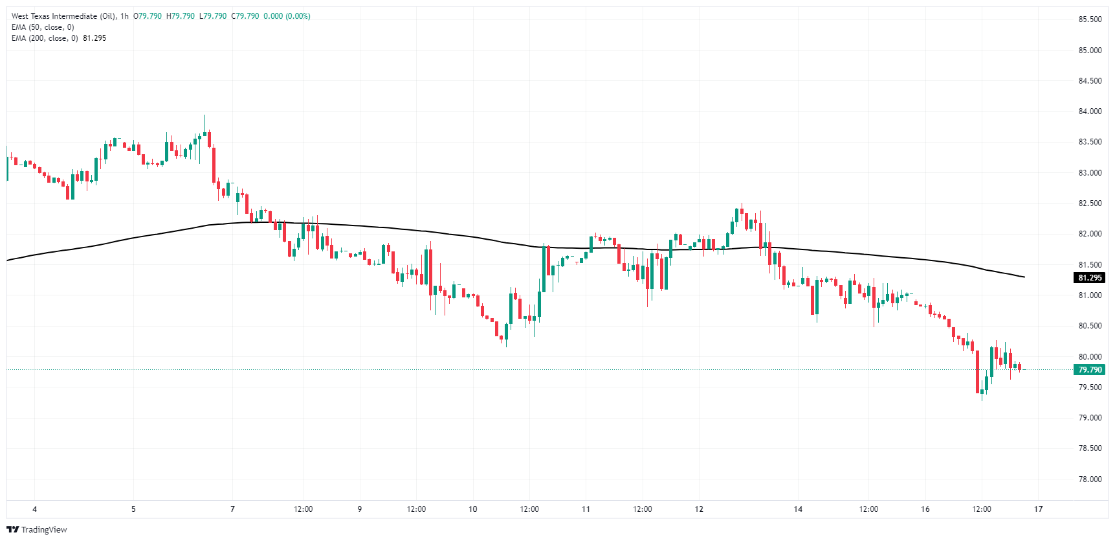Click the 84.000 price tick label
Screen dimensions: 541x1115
pyautogui.click(x=1090, y=111)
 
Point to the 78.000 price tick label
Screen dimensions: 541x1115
pyautogui.click(x=1090, y=479)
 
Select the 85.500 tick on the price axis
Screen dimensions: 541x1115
pyautogui.click(x=1090, y=19)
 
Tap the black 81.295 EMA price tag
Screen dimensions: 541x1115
pyautogui.click(x=1090, y=278)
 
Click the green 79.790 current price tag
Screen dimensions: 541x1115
pyautogui.click(x=1090, y=370)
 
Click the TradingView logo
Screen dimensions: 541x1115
pyautogui.click(x=37, y=529)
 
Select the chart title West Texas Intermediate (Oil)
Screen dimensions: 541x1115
pyautogui.click(x=63, y=16)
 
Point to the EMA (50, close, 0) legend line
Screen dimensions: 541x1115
pyautogui.click(x=43, y=27)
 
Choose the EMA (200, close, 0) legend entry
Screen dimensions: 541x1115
pyautogui.click(x=45, y=38)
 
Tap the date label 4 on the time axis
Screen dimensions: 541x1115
pyautogui.click(x=35, y=509)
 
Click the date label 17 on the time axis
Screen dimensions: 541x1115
pyautogui.click(x=1038, y=509)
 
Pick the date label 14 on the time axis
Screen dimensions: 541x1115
pyautogui.click(x=798, y=509)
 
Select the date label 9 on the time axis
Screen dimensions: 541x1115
pyautogui.click(x=360, y=509)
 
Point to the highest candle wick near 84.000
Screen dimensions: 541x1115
pyautogui.click(x=204, y=117)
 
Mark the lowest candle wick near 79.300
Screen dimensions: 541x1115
pyautogui.click(x=982, y=399)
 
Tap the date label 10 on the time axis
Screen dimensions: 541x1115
pyautogui.click(x=473, y=509)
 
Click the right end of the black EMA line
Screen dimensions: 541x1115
pyautogui.click(x=1024, y=277)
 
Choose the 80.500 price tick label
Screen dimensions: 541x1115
pyautogui.click(x=1090, y=326)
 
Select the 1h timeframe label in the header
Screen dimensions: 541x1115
pyautogui.click(x=124, y=16)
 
